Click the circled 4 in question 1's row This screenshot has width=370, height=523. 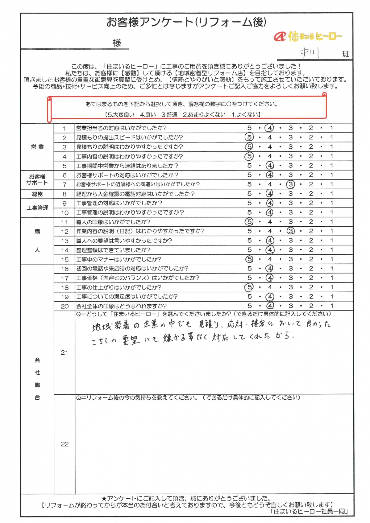pyautogui.click(x=270, y=128)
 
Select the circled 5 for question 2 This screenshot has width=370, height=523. pyautogui.click(x=249, y=137)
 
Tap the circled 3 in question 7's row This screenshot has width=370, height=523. pyautogui.click(x=290, y=184)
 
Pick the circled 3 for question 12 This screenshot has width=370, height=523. pyautogui.click(x=290, y=231)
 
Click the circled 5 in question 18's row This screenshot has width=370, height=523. pyautogui.click(x=249, y=287)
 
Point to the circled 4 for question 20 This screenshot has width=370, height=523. pyautogui.click(x=270, y=306)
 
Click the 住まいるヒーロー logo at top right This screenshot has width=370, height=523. pyautogui.click(x=308, y=36)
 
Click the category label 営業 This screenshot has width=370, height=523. pyautogui.click(x=37, y=147)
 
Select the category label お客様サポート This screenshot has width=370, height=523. pyautogui.click(x=37, y=180)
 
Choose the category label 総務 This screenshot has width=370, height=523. pyautogui.click(x=37, y=194)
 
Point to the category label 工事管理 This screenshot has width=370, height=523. pyautogui.click(x=37, y=208)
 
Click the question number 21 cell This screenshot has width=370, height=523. pyautogui.click(x=64, y=352)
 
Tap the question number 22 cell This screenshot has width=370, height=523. pyautogui.click(x=64, y=444)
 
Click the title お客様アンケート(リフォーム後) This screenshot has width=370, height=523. pyautogui.click(x=186, y=22)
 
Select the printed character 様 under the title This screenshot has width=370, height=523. pyautogui.click(x=117, y=43)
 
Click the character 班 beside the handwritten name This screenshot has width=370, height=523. pyautogui.click(x=345, y=54)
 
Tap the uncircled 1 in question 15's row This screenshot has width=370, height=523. pyautogui.click(x=332, y=259)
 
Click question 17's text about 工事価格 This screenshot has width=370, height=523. pyautogui.click(x=138, y=278)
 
